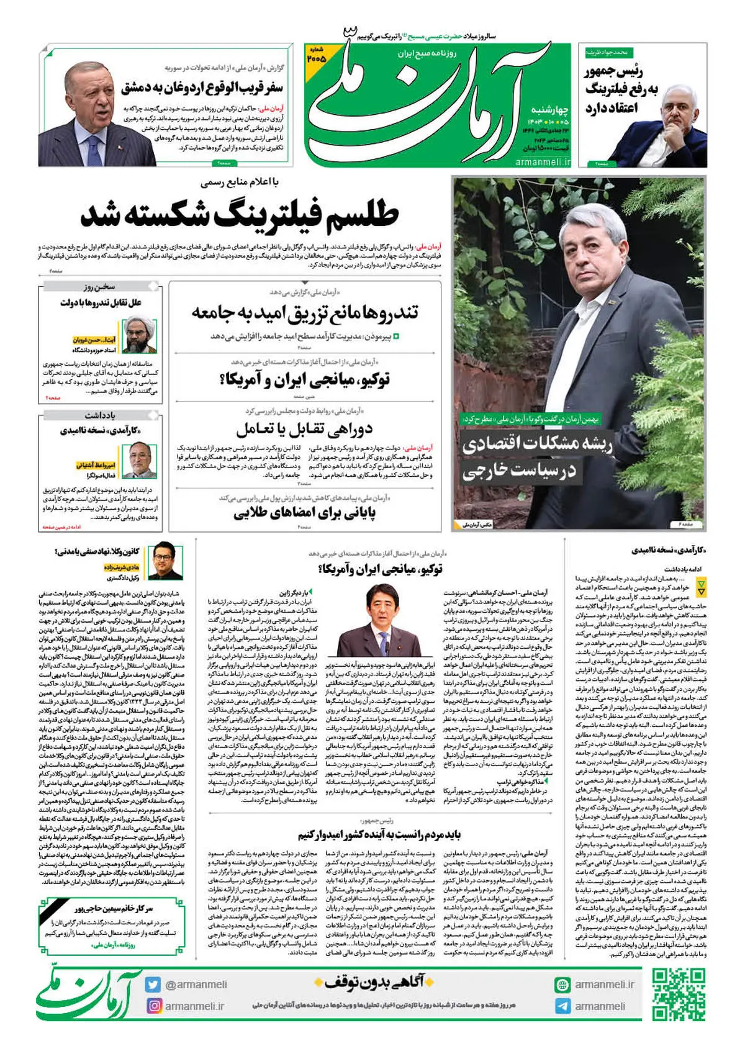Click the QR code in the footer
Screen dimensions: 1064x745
pos(679,995)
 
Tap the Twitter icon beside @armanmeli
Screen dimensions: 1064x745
pos(153,985)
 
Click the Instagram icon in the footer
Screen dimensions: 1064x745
pos(153,1006)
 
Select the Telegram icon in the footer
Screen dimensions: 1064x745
pos(563,1006)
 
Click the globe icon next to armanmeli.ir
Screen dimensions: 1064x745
pos(563,985)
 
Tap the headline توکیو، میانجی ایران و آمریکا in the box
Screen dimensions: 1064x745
pos(305,379)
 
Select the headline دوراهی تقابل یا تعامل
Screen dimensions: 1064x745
pos(304,428)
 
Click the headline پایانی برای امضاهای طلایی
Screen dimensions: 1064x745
pos(304,513)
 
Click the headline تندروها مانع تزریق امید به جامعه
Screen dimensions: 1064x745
pos(305,312)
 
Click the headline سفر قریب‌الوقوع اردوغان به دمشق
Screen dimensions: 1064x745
pos(202,87)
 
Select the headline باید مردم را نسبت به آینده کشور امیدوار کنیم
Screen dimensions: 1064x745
pos(379,834)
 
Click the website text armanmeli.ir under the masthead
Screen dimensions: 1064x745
pos(543,162)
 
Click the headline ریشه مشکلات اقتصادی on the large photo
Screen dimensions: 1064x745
pos(538,444)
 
